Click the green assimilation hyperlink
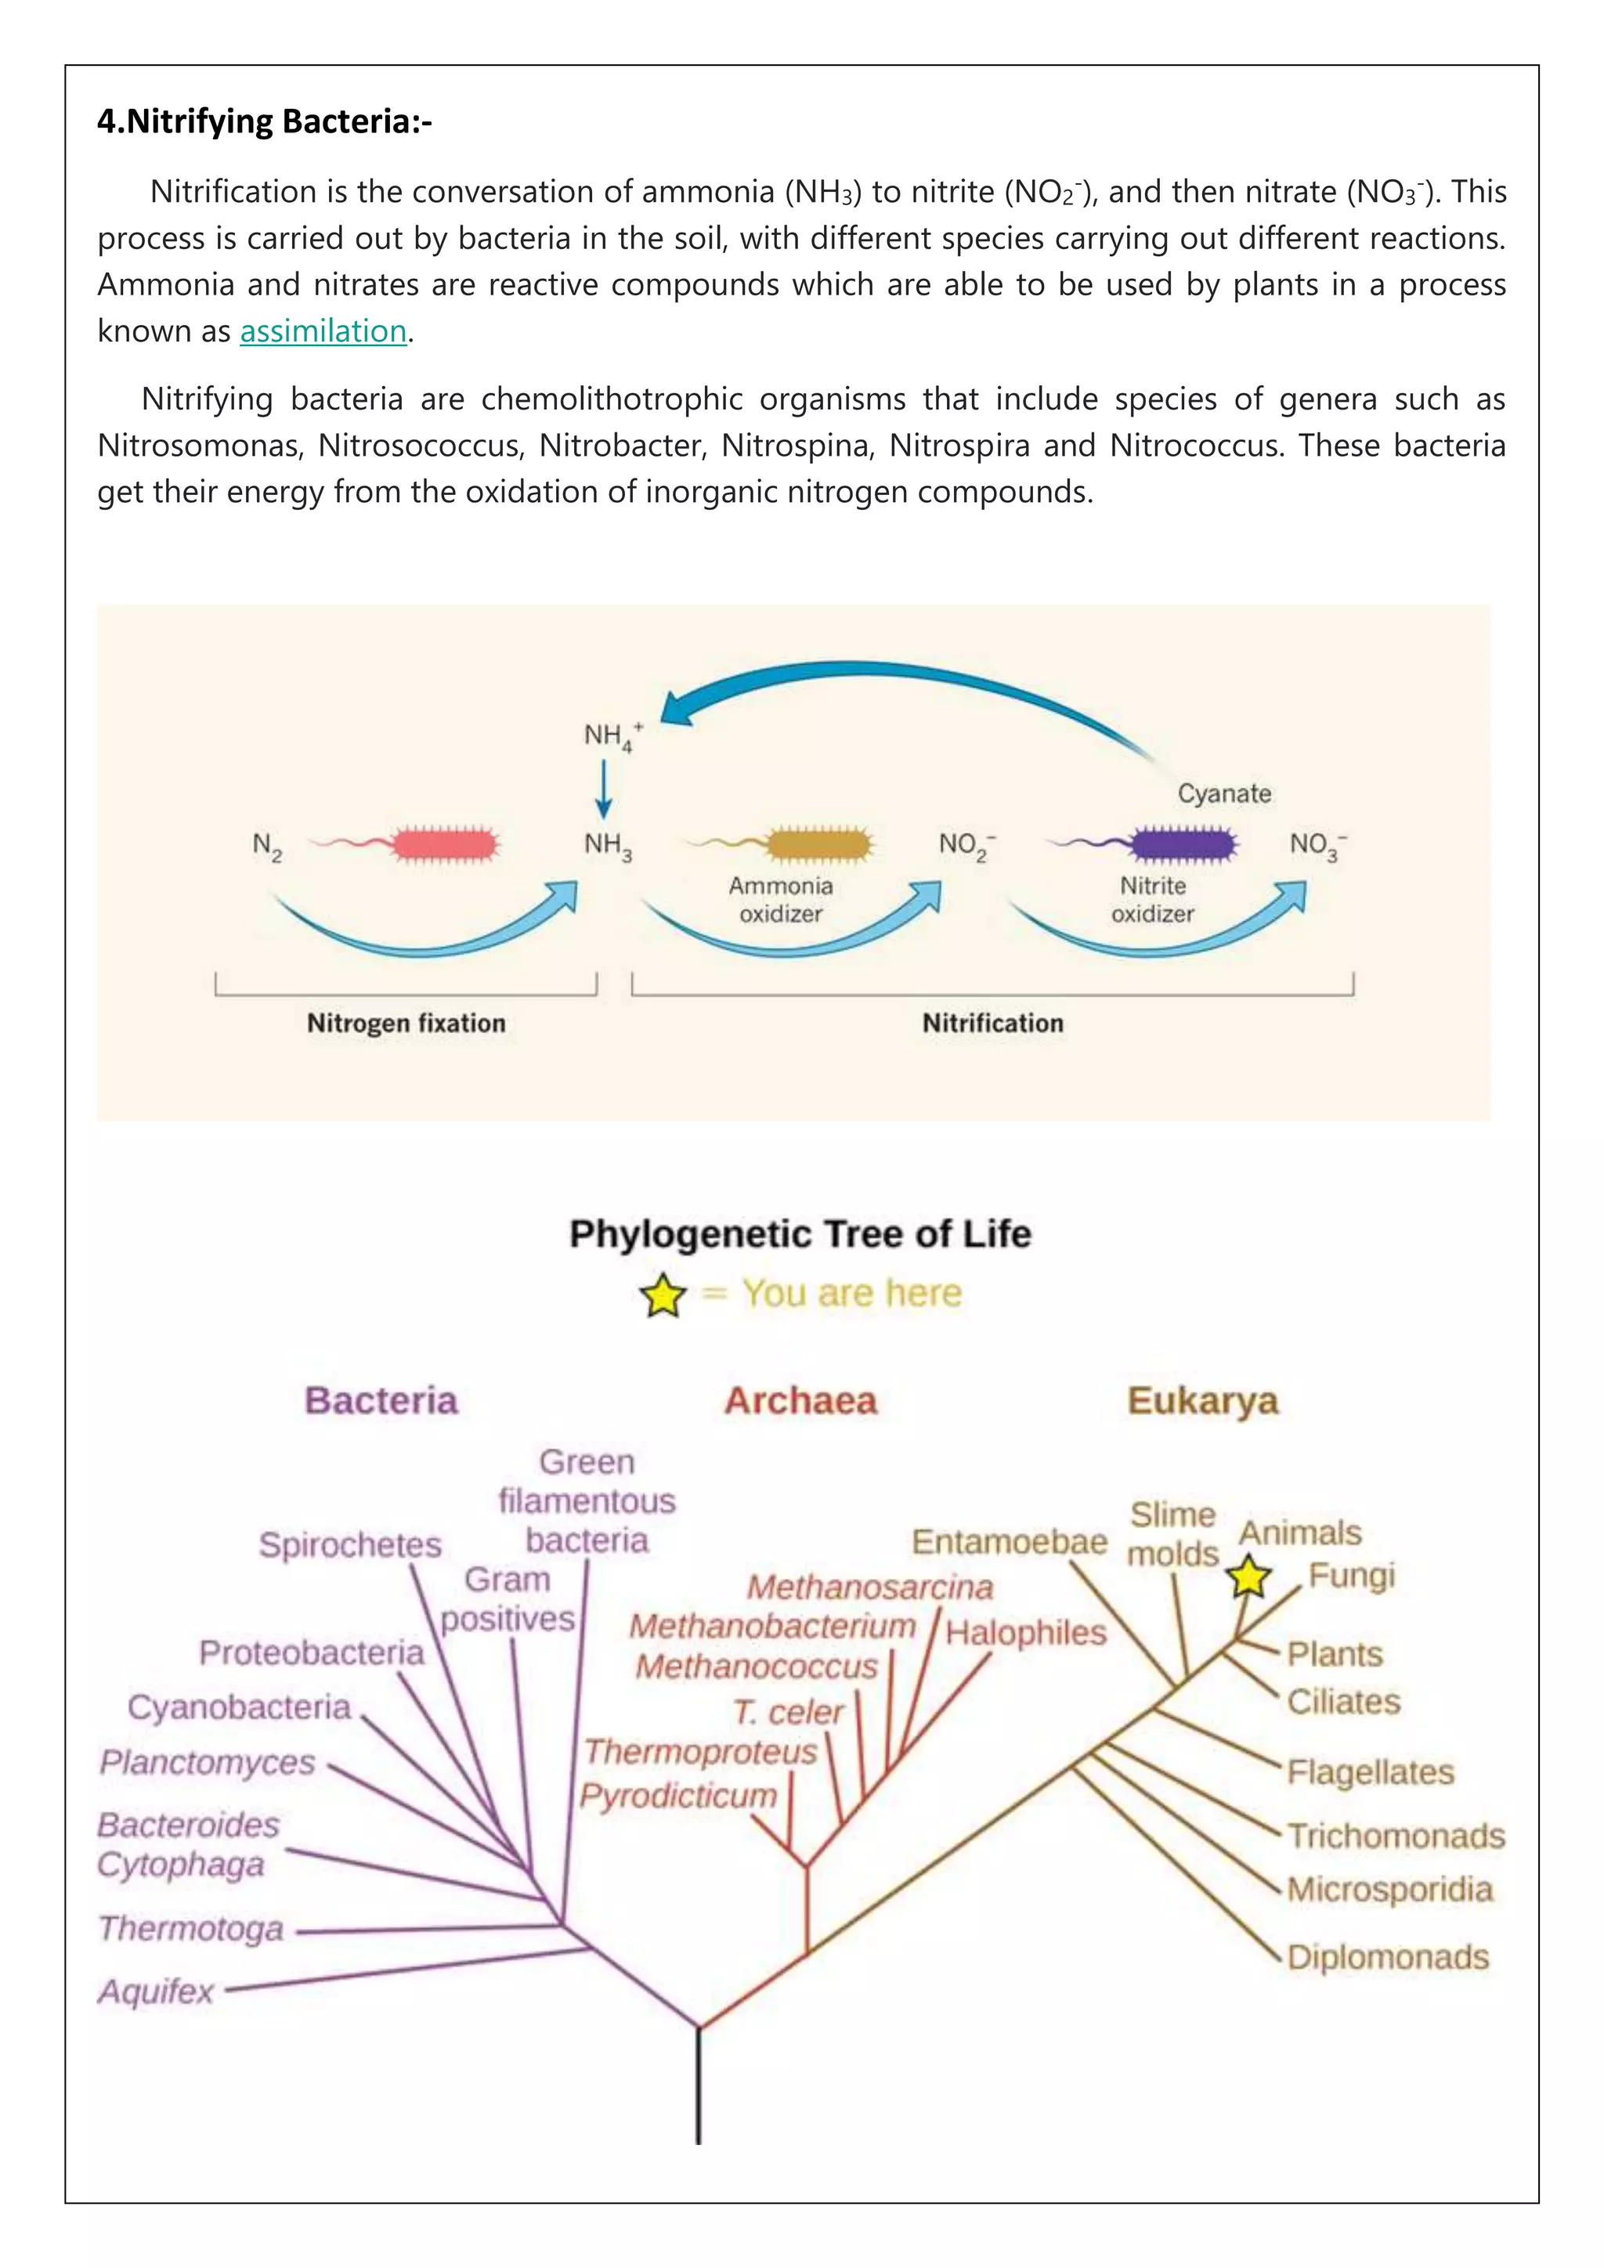coord(323,331)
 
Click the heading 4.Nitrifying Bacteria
coord(265,121)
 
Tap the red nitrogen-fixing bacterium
coord(444,844)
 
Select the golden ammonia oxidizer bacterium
coord(818,844)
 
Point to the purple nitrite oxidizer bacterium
coord(1183,843)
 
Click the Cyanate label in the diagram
coord(1223,793)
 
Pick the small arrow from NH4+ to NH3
coord(605,789)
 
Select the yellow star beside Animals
coord(1249,1576)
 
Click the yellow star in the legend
coord(663,1295)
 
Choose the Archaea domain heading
coord(800,1401)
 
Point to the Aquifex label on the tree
coord(156,1992)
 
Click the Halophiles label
coord(1026,1632)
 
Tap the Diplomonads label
coord(1388,1957)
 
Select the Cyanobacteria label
coord(239,1707)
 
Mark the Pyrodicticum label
coord(678,1795)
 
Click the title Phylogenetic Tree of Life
coord(800,1233)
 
